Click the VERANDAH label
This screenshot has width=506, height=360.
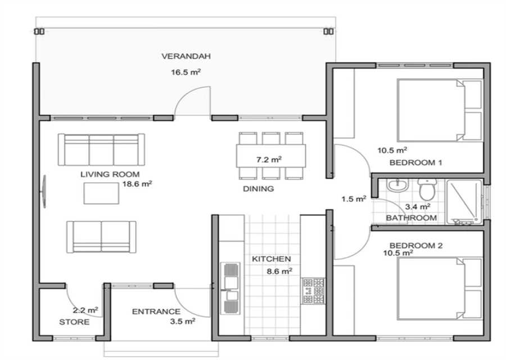click(186, 56)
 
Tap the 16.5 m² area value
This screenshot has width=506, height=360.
click(186, 72)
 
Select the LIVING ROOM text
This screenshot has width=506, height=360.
click(110, 174)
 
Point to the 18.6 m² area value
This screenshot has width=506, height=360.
click(137, 184)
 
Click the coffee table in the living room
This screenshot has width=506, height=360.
click(101, 193)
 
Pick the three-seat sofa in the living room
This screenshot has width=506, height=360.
click(101, 150)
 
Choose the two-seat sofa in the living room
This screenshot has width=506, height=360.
click(101, 237)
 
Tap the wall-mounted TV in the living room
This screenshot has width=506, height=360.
click(44, 191)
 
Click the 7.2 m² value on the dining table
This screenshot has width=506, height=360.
click(269, 160)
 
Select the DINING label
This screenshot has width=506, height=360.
click(258, 189)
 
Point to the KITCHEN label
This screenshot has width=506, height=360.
click(272, 259)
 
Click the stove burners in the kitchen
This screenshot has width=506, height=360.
click(313, 291)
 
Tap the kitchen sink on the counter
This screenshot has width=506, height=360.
click(231, 288)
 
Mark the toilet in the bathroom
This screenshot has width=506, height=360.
click(427, 190)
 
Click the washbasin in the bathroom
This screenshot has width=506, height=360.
click(398, 184)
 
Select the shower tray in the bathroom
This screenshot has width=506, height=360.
click(464, 202)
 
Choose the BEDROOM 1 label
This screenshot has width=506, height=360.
click(415, 163)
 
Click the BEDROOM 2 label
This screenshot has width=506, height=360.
click(415, 246)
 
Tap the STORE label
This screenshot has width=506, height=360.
click(74, 322)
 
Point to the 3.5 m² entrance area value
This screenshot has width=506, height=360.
click(182, 321)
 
